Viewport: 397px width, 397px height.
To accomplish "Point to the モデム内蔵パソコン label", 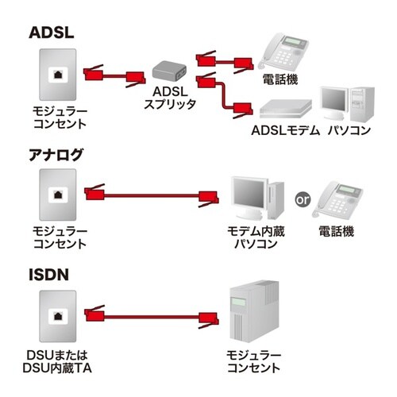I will point(254,237).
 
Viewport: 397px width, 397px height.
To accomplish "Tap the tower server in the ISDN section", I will point(252,314).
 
